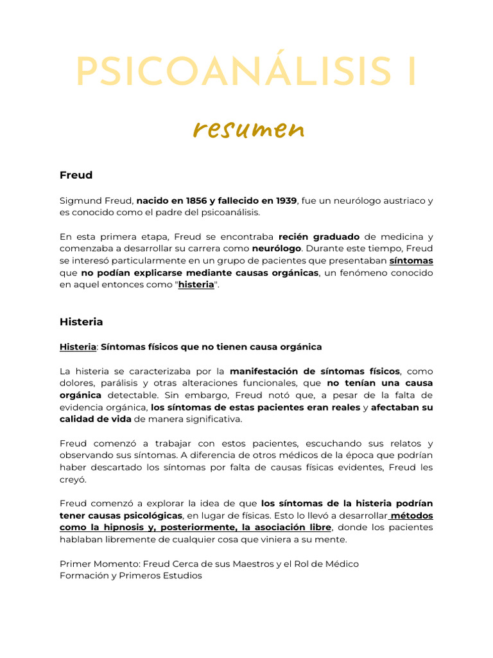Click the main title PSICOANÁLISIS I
(x=246, y=74)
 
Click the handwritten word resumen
(x=248, y=130)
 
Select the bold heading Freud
(x=76, y=175)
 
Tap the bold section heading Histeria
(x=81, y=321)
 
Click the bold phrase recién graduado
(x=319, y=236)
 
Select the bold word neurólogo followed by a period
(x=277, y=249)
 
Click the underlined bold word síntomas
(x=411, y=261)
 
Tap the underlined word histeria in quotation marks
(x=196, y=285)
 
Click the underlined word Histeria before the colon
(x=77, y=347)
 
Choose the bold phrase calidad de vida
(x=96, y=420)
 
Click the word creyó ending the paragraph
(x=72, y=480)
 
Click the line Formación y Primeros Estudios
(x=130, y=576)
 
